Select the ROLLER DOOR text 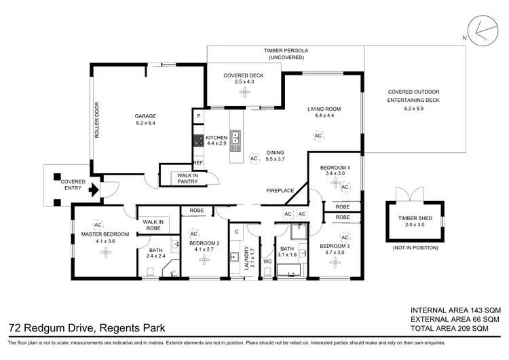click(97, 120)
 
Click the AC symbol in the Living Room click(318, 136)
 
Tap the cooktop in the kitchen click(199, 141)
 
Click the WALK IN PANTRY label click(187, 179)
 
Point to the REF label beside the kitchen click(198, 163)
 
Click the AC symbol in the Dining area click(254, 158)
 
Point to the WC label click(267, 260)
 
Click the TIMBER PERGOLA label click(286, 51)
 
